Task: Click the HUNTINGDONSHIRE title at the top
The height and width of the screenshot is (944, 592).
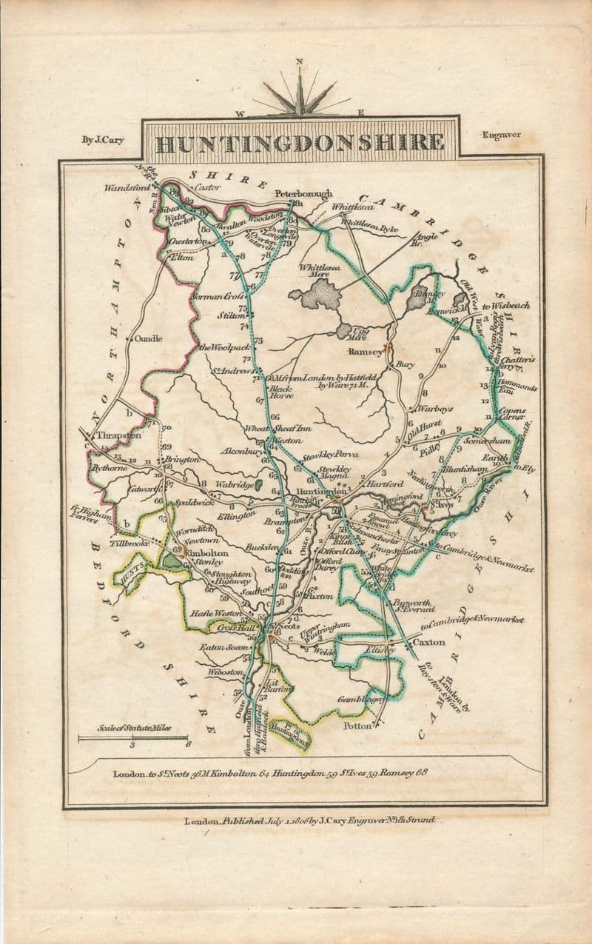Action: [300, 142]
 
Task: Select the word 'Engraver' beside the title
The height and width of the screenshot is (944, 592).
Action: [501, 135]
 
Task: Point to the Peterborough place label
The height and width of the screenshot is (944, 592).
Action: [303, 193]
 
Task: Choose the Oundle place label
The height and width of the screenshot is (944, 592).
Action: [148, 338]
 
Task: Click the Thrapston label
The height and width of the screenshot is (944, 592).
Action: [118, 435]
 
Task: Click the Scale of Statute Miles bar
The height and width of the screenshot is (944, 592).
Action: [133, 737]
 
